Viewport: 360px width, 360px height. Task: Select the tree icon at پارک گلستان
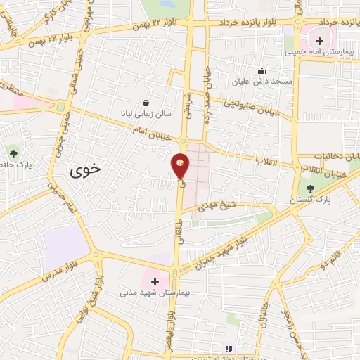coord(310,188)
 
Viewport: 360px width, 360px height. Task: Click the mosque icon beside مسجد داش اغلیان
coord(262,70)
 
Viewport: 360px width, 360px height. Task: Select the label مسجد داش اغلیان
coord(265,82)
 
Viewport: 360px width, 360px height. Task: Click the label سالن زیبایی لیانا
coord(143,113)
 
